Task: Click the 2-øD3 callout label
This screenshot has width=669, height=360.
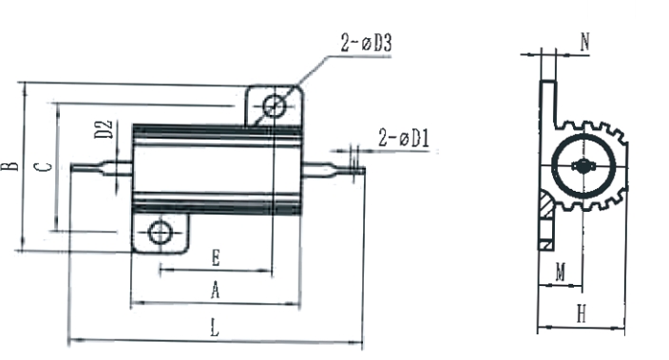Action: pos(366,43)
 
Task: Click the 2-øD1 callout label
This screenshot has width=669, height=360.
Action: pos(404,138)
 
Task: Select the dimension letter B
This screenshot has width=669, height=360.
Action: pos(10,166)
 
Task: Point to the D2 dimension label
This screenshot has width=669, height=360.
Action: pos(104,129)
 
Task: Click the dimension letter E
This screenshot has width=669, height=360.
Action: pos(216,258)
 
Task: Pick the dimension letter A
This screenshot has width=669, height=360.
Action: pos(216,291)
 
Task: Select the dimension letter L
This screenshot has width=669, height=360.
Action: pos(215,328)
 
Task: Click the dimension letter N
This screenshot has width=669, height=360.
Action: pos(585,42)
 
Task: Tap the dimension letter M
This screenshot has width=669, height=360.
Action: pos(561,272)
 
